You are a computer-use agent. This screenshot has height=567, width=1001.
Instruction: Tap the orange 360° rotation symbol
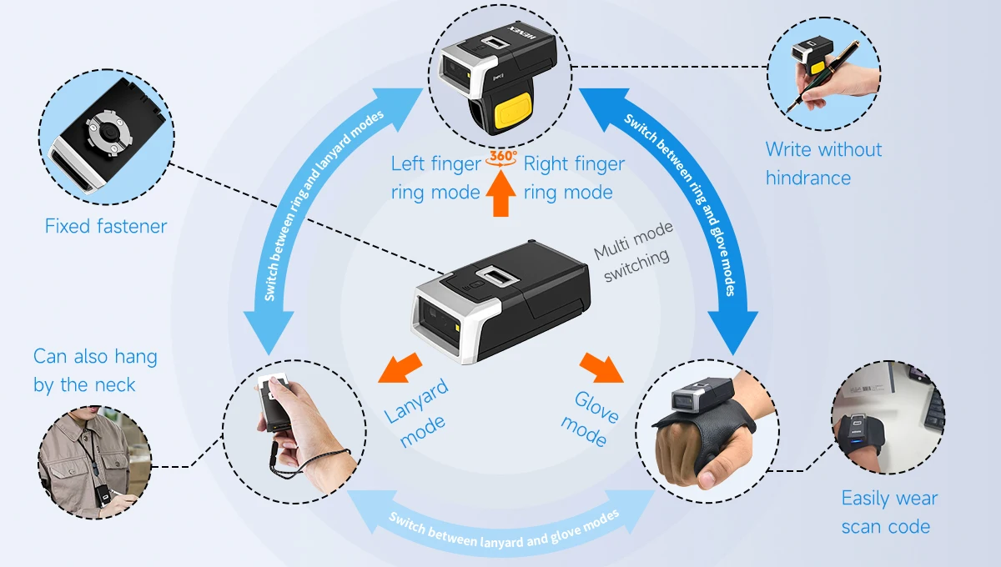tap(502, 158)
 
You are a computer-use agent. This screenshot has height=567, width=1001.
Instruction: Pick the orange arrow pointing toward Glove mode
tap(601, 366)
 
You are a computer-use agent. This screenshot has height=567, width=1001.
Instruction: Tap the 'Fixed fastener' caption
tap(106, 226)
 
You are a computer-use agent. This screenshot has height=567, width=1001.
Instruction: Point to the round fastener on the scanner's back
tap(102, 130)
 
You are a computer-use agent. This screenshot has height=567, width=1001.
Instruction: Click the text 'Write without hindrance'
tap(822, 163)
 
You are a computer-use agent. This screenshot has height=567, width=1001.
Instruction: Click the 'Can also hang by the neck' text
tap(94, 370)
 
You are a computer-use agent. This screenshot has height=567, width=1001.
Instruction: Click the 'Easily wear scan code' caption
tap(888, 512)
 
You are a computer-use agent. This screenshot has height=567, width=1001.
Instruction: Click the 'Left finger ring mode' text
tap(435, 178)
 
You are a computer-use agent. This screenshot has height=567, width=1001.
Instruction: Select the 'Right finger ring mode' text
tap(573, 178)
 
